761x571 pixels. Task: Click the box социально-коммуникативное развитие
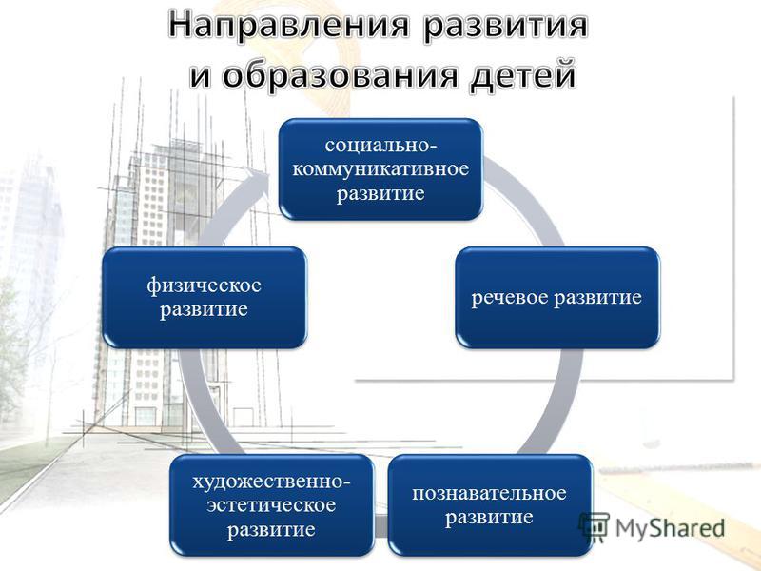380,169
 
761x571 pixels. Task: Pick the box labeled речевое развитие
557,297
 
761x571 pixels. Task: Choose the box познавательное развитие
490,505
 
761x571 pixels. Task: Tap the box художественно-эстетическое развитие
272,505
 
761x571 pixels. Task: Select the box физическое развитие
205,297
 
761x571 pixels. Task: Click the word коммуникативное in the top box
380,169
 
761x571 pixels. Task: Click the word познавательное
489,493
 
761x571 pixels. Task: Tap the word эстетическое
271,505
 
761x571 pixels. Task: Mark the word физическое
204,285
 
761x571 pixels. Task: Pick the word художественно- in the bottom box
271,482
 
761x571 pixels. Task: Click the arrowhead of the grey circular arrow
259,179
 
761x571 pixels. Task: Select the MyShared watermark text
670,528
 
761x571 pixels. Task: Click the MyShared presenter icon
594,527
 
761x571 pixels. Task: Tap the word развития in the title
504,27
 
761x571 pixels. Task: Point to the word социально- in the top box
380,146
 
